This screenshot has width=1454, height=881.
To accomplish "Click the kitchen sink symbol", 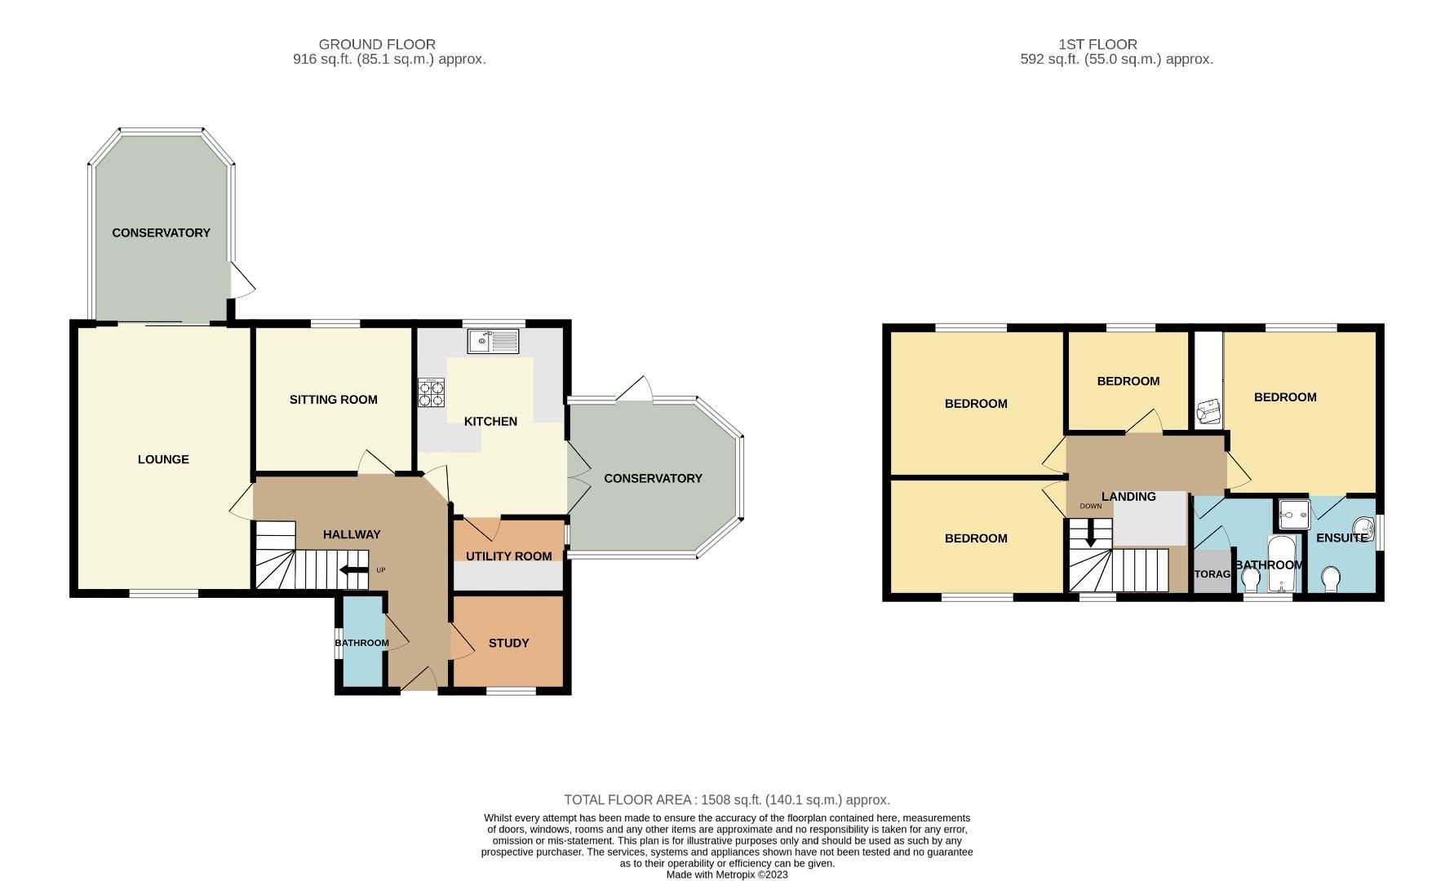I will pos(493,340).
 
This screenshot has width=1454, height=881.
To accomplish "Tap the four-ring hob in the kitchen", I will pos(431,393).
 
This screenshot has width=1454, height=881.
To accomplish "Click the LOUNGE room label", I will pos(163,459).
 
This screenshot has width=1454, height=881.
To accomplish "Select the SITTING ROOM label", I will pos(333,400).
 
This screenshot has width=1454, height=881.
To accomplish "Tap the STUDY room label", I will pos(508,643).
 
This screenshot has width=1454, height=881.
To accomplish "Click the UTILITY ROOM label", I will pos(508,556).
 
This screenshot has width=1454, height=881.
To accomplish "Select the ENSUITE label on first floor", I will pos(1341,538).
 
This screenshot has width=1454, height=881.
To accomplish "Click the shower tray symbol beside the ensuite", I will pos(1293,515).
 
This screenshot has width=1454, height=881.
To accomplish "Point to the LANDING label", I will pos(1128,496).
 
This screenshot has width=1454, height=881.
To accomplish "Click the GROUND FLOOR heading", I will pos(377,44).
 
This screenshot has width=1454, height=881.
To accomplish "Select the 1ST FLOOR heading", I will pos(1097,44).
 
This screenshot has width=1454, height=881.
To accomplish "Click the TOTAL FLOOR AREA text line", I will pos(726,799).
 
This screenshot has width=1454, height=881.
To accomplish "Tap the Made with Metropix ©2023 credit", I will pos(726,874).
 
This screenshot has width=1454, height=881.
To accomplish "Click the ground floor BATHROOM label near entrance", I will pos(361,643).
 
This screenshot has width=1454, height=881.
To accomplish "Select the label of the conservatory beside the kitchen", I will pos(653,478).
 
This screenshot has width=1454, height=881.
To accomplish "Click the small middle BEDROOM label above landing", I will pos(1128,381).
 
